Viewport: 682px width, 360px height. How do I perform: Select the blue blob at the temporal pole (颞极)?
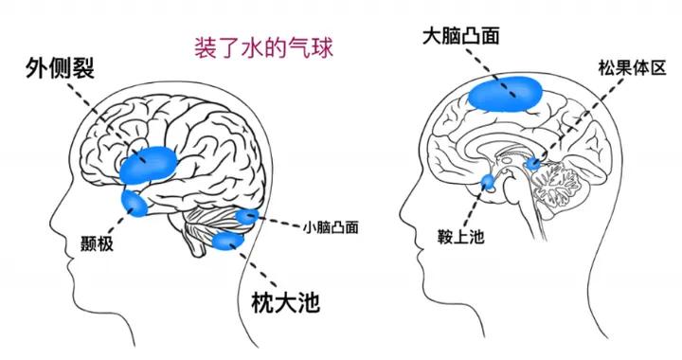[x=133, y=203]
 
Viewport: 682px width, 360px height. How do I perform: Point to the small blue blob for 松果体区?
[x=534, y=164]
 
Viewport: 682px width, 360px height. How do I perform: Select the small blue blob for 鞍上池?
[x=490, y=182]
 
